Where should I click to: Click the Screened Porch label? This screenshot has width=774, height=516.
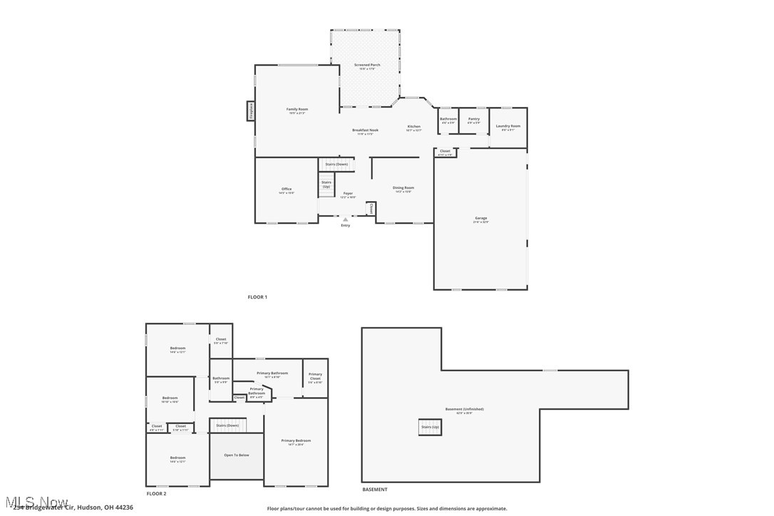[367, 65]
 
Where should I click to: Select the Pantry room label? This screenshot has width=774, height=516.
[473, 119]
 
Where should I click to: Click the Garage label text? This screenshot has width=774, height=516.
[481, 218]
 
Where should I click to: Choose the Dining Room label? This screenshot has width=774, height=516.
[403, 188]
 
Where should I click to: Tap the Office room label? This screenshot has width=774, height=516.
[287, 189]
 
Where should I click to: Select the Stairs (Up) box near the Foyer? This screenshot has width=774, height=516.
[326, 184]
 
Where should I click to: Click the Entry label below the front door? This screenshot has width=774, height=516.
[346, 225]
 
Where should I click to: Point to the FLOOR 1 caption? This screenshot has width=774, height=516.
[257, 296]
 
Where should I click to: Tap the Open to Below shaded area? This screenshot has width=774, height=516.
[237, 455]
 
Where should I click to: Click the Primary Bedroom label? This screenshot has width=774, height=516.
[296, 440]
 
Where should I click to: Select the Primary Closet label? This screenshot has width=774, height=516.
[315, 376]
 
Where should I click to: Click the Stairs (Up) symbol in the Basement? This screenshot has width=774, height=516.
[430, 427]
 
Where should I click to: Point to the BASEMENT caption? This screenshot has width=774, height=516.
[375, 490]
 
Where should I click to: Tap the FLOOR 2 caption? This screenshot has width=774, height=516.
[156, 493]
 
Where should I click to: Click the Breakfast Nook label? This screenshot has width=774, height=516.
[365, 130]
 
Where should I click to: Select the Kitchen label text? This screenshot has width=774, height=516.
[414, 127]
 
